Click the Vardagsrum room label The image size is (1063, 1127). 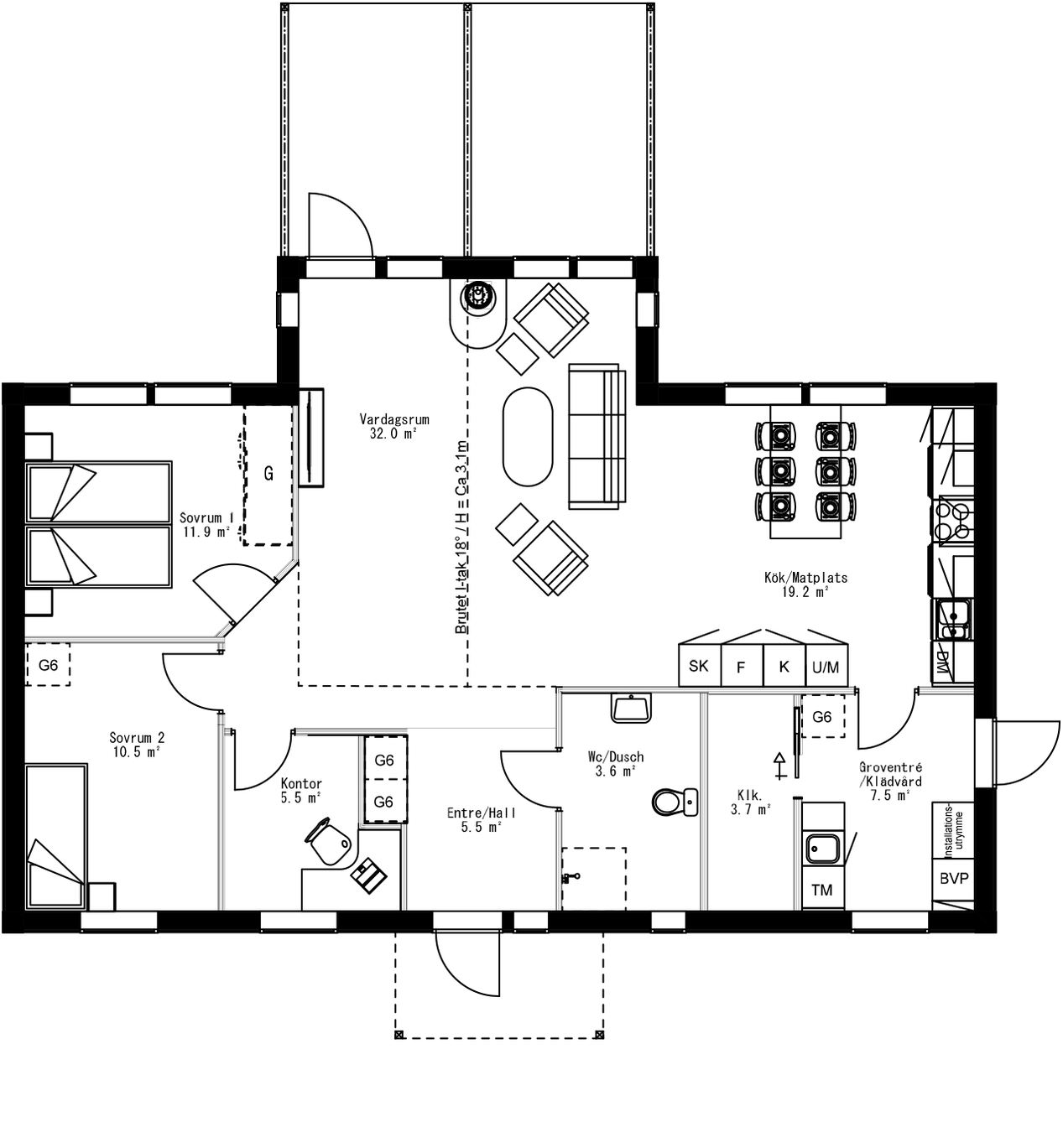click(x=393, y=426)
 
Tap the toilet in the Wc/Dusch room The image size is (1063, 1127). click(x=674, y=802)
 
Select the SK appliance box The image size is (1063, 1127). click(x=699, y=666)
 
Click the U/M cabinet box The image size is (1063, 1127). click(x=826, y=667)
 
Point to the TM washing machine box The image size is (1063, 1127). click(x=822, y=890)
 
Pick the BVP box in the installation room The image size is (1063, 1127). click(x=953, y=879)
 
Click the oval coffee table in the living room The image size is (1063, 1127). click(x=528, y=436)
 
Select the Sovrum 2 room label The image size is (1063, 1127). click(x=137, y=745)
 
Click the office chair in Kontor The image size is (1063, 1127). click(x=328, y=841)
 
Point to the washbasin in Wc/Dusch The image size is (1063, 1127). click(x=631, y=709)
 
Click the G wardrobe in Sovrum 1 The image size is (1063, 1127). click(x=268, y=475)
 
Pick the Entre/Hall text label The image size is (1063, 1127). click(x=481, y=819)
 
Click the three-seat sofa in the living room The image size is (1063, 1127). click(x=597, y=436)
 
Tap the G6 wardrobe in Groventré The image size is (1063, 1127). click(x=822, y=717)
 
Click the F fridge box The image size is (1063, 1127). click(x=741, y=667)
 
